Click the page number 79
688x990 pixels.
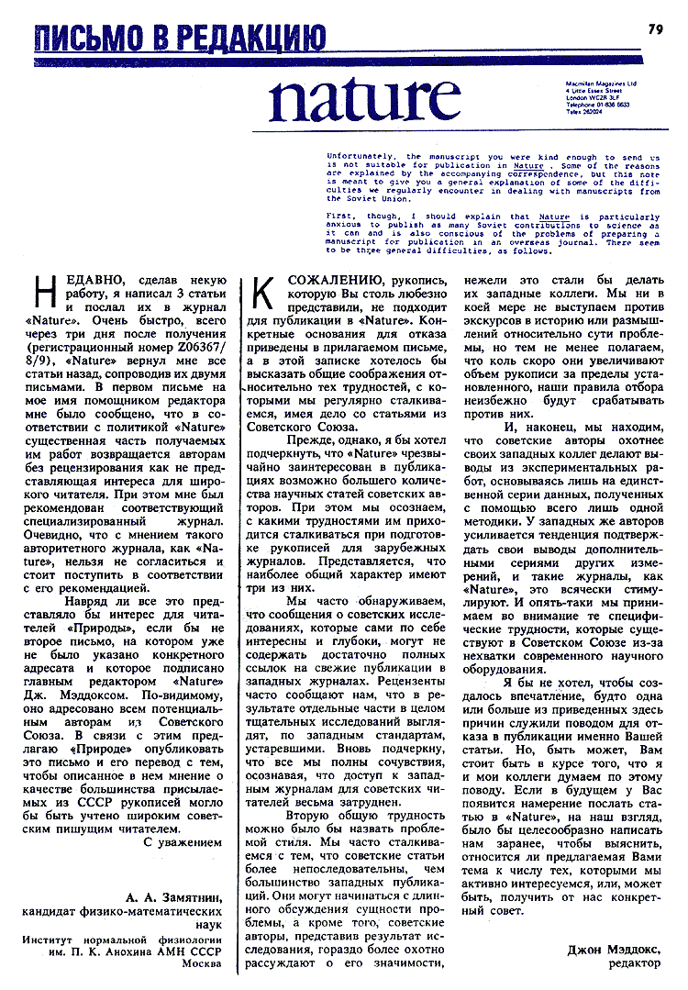[655, 29]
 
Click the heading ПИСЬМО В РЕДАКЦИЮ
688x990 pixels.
[180, 39]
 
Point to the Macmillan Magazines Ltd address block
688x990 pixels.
[602, 96]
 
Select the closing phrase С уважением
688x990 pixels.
[183, 840]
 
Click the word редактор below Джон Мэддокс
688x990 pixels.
[634, 964]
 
